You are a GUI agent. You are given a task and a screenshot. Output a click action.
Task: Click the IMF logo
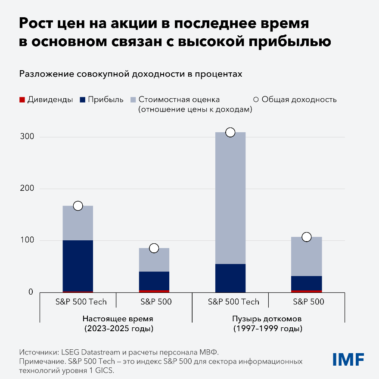348,359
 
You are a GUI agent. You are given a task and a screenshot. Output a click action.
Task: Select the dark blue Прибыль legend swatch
82,100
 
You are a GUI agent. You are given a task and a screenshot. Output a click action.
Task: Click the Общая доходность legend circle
256,100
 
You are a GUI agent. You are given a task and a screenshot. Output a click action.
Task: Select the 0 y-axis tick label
31,292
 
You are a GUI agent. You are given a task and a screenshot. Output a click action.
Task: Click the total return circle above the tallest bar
230,132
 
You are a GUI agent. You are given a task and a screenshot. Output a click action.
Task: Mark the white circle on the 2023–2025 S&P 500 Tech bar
78,206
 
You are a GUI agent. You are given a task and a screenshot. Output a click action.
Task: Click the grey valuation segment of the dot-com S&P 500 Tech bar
230,198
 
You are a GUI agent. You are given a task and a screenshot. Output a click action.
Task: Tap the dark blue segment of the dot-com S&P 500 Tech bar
230,278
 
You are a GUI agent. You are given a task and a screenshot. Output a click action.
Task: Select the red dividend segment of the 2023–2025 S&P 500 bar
154,291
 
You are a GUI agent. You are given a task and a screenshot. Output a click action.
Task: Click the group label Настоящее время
118,319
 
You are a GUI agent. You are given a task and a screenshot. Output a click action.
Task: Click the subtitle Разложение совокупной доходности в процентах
130,74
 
